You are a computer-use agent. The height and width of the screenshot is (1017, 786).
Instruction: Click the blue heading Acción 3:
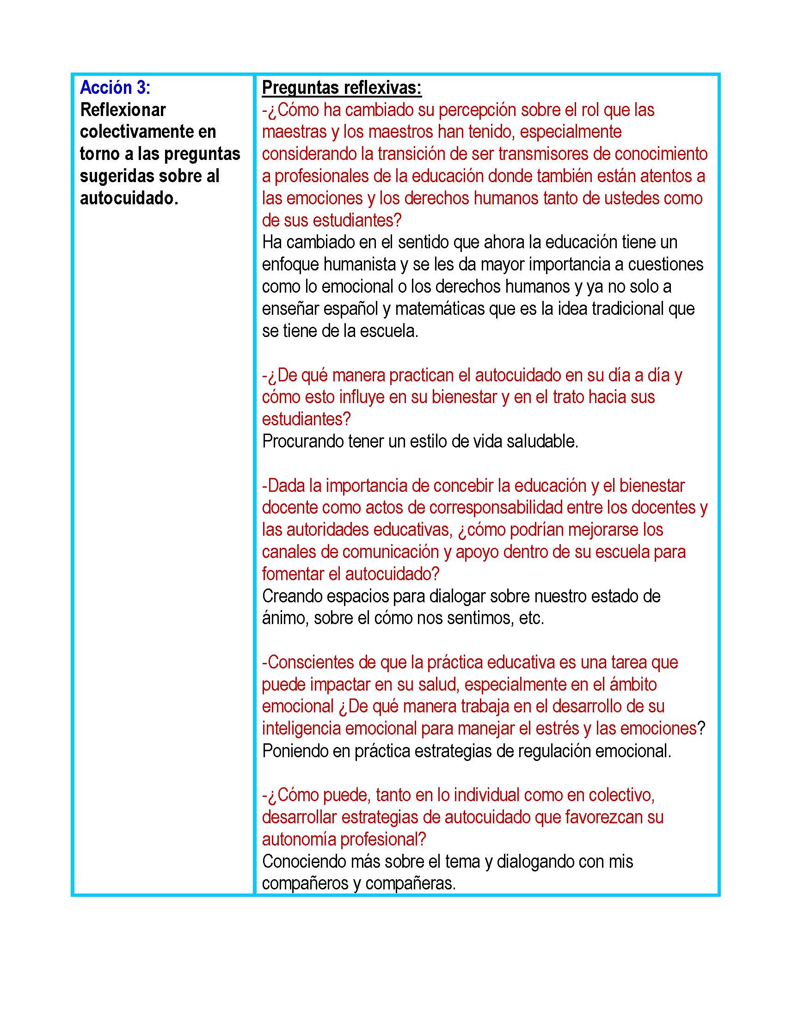115,87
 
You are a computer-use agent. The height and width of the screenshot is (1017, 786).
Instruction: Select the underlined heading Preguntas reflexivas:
341,87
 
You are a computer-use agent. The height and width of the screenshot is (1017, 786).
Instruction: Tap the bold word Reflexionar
123,110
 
